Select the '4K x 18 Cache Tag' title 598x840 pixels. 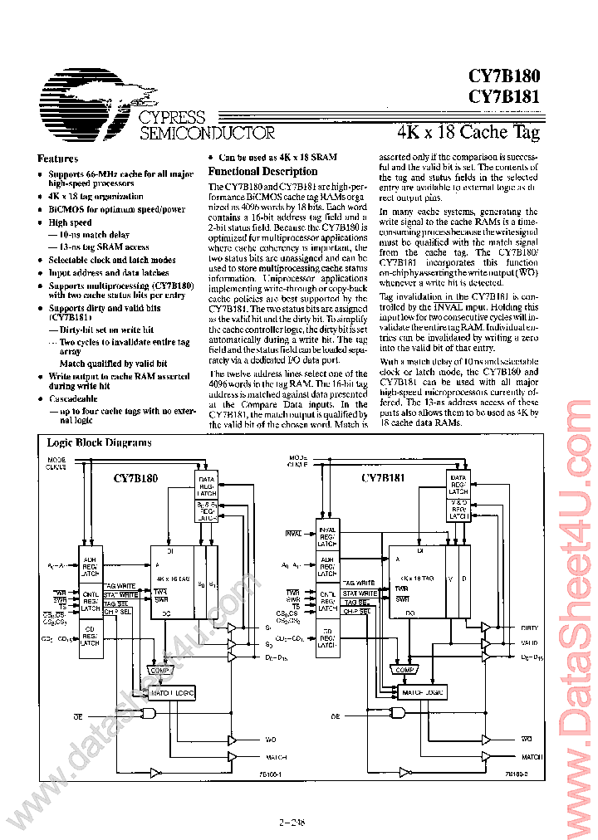click(x=468, y=132)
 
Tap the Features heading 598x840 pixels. click(x=58, y=159)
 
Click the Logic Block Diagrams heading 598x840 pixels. click(x=99, y=442)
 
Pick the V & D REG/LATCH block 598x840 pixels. click(x=458, y=508)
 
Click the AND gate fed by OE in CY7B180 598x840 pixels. click(x=149, y=714)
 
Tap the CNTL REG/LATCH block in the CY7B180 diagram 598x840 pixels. click(x=90, y=601)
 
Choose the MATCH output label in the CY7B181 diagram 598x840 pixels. click(x=532, y=757)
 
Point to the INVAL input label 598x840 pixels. click(x=293, y=533)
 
